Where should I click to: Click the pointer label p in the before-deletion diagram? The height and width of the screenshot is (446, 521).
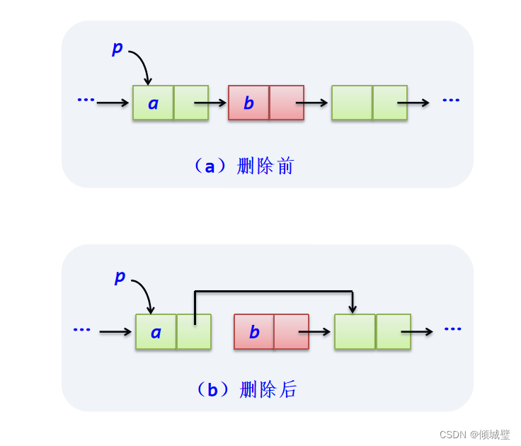(118, 48)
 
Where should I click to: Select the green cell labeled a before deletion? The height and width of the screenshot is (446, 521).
(153, 103)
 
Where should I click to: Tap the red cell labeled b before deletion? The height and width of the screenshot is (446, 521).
(248, 103)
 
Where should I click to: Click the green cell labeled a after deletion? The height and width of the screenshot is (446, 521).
(156, 332)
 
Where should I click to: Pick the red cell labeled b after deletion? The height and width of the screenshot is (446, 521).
(254, 332)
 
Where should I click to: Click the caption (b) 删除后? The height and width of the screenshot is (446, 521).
(246, 389)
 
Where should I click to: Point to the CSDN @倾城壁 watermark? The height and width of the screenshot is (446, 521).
(474, 434)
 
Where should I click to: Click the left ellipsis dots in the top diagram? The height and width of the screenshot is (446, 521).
(86, 100)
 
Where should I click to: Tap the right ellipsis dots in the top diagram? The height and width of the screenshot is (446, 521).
(451, 100)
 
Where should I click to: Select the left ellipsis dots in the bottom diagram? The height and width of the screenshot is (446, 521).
(81, 329)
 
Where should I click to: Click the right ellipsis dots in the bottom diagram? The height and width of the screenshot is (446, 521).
(452, 328)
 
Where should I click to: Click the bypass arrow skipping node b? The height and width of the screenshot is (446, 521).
(273, 291)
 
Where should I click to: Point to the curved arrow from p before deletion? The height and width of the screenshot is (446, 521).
(142, 64)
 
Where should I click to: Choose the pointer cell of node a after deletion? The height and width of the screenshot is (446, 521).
(194, 332)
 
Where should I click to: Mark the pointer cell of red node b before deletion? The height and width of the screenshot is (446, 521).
(287, 103)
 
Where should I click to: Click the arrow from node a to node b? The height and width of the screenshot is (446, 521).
(211, 103)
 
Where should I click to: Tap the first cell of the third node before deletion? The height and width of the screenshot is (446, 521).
(352, 103)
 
